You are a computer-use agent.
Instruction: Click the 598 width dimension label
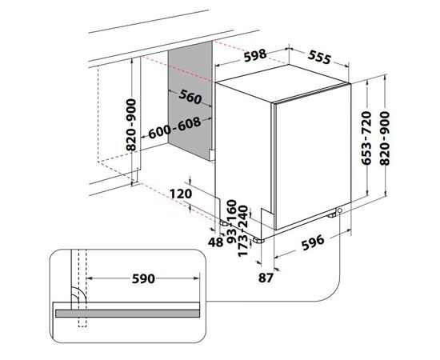(254, 55)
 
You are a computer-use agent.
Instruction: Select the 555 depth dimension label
(320, 58)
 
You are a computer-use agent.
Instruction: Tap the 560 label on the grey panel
(190, 97)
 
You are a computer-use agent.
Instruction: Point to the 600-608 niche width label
(174, 128)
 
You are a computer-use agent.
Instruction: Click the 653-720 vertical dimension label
(366, 138)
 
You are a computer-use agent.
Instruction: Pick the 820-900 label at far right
(385, 138)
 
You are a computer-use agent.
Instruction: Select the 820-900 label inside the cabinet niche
(131, 125)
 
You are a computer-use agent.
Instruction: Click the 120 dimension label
(181, 194)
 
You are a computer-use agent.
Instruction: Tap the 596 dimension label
(313, 242)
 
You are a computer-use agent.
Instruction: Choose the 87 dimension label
(266, 278)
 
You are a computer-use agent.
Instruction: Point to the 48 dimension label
(215, 242)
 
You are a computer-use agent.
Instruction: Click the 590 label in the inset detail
(143, 278)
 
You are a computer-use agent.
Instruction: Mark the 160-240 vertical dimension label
(238, 214)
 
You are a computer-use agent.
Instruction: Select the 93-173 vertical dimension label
(238, 242)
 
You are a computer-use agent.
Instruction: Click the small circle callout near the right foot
(340, 210)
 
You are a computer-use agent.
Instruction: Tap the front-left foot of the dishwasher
(258, 240)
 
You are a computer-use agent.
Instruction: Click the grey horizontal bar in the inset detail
(128, 314)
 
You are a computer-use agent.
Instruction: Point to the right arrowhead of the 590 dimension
(196, 278)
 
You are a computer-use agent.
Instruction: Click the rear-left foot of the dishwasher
(225, 222)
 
